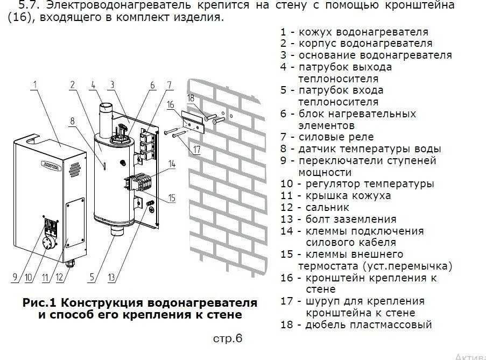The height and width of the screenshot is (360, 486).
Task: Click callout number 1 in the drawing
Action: pyautogui.click(x=34, y=84)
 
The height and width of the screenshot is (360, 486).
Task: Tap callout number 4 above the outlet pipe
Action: pyautogui.click(x=93, y=84)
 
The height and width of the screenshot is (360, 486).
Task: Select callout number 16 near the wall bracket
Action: pyautogui.click(x=170, y=105)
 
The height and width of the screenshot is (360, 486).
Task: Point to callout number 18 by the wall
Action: pyautogui.click(x=191, y=97)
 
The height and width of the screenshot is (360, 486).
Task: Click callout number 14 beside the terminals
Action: pyautogui.click(x=172, y=164)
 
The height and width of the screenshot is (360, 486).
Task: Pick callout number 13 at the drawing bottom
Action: pyautogui.click(x=111, y=278)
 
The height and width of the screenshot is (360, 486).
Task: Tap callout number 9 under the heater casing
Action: pyautogui.click(x=15, y=278)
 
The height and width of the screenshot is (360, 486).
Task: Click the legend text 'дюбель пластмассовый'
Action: pyautogui.click(x=369, y=324)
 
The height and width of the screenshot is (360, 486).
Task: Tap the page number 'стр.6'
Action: pyautogui.click(x=228, y=338)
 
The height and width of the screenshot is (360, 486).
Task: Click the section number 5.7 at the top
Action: pyautogui.click(x=30, y=5)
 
